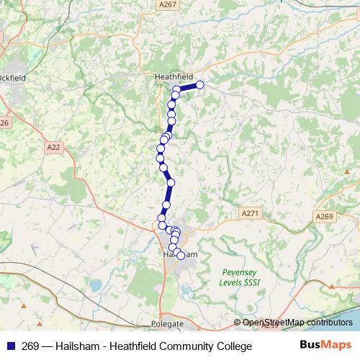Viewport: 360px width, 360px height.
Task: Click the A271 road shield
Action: (250, 213)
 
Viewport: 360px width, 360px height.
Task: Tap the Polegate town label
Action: (168, 325)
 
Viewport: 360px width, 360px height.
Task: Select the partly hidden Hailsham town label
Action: (176, 254)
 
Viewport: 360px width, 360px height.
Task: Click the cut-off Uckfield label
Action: (12, 77)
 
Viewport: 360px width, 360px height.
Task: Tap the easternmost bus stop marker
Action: (200, 85)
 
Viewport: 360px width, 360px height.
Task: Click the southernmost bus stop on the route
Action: (180, 255)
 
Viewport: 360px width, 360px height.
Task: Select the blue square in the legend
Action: (10, 346)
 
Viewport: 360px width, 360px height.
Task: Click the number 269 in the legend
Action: (30, 346)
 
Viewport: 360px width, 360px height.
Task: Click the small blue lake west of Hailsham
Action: (95, 287)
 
